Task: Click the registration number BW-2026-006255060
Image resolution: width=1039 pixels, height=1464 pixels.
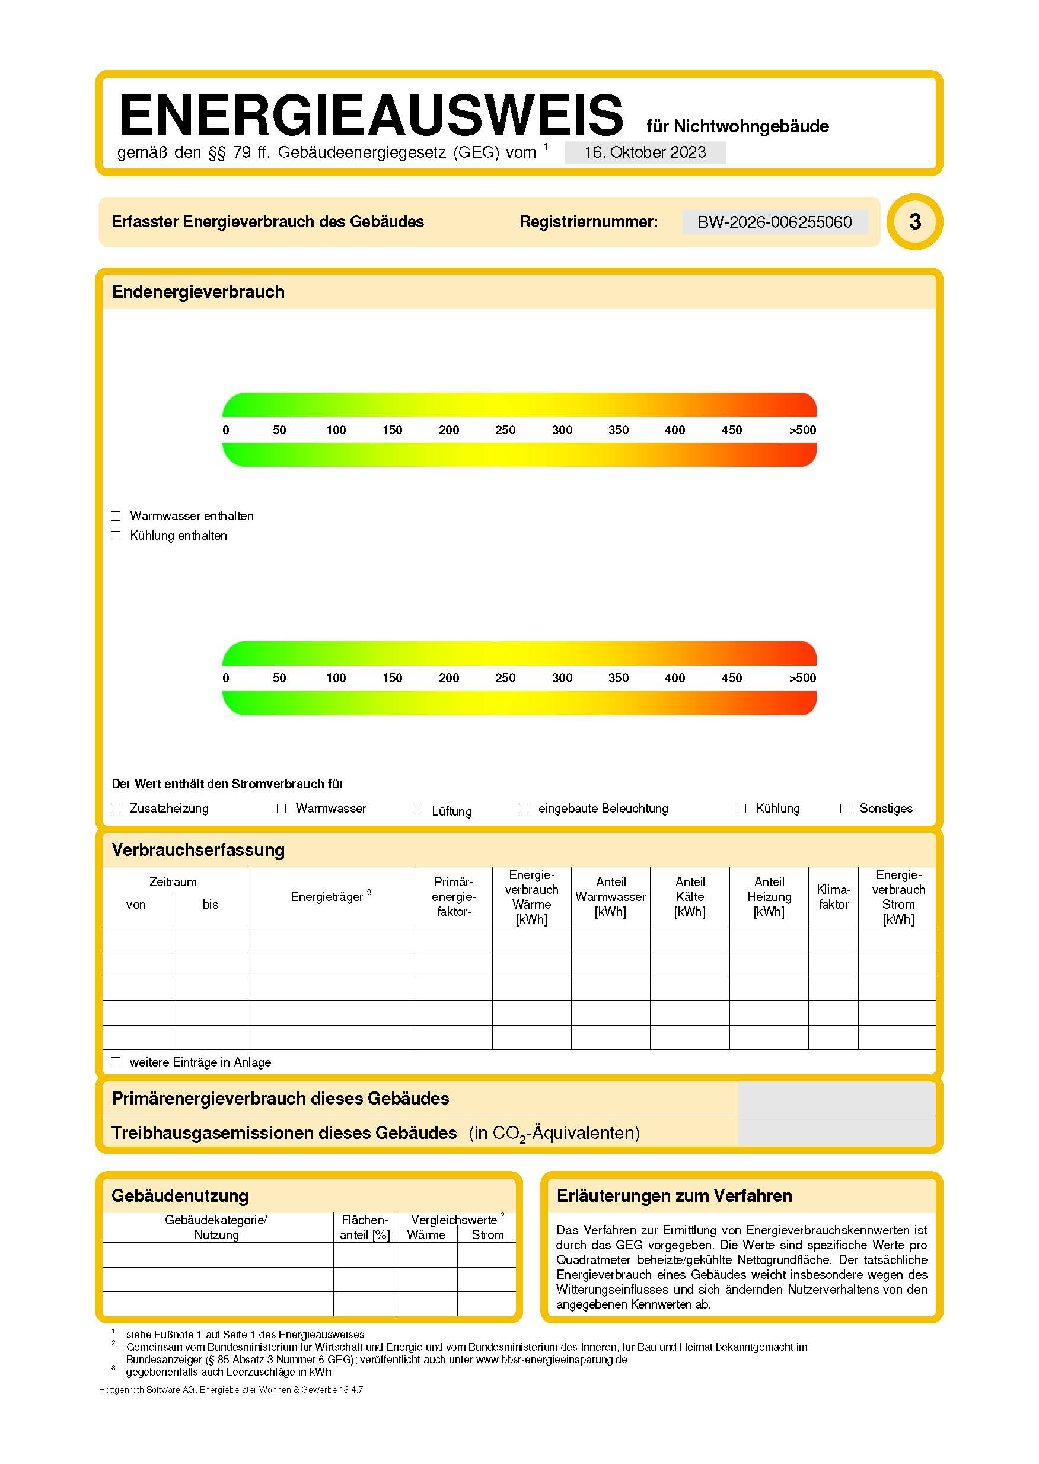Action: [774, 222]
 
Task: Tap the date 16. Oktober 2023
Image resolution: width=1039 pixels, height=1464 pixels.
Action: [644, 152]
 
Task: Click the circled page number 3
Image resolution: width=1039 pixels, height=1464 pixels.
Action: [915, 221]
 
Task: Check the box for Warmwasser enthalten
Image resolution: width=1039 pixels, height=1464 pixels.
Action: [116, 515]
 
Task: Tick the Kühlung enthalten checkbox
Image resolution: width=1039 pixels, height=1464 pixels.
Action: [116, 536]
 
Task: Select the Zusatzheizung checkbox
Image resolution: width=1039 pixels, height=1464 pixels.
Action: [116, 808]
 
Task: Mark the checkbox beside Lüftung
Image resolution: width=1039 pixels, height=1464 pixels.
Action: [417, 809]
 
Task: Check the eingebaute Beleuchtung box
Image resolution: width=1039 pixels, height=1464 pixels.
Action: [523, 808]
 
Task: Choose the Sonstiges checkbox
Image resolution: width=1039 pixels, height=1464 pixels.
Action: [845, 808]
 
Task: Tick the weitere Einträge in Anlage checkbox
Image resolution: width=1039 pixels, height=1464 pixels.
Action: [116, 1062]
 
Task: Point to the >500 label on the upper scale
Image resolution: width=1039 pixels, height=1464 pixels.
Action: [802, 430]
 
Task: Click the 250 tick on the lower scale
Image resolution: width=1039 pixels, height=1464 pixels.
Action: [505, 677]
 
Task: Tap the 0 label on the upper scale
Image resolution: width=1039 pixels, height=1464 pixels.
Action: [226, 430]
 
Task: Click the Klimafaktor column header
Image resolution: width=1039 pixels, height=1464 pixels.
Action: [833, 896]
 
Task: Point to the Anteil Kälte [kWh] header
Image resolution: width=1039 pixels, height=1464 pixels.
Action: [690, 896]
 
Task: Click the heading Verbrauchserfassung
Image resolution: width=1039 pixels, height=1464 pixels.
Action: [198, 849]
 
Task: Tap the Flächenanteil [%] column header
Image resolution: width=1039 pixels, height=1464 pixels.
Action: [365, 1227]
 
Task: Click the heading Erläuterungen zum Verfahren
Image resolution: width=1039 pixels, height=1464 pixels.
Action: [674, 1195]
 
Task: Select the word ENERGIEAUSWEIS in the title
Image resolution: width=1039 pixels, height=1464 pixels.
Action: [371, 115]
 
